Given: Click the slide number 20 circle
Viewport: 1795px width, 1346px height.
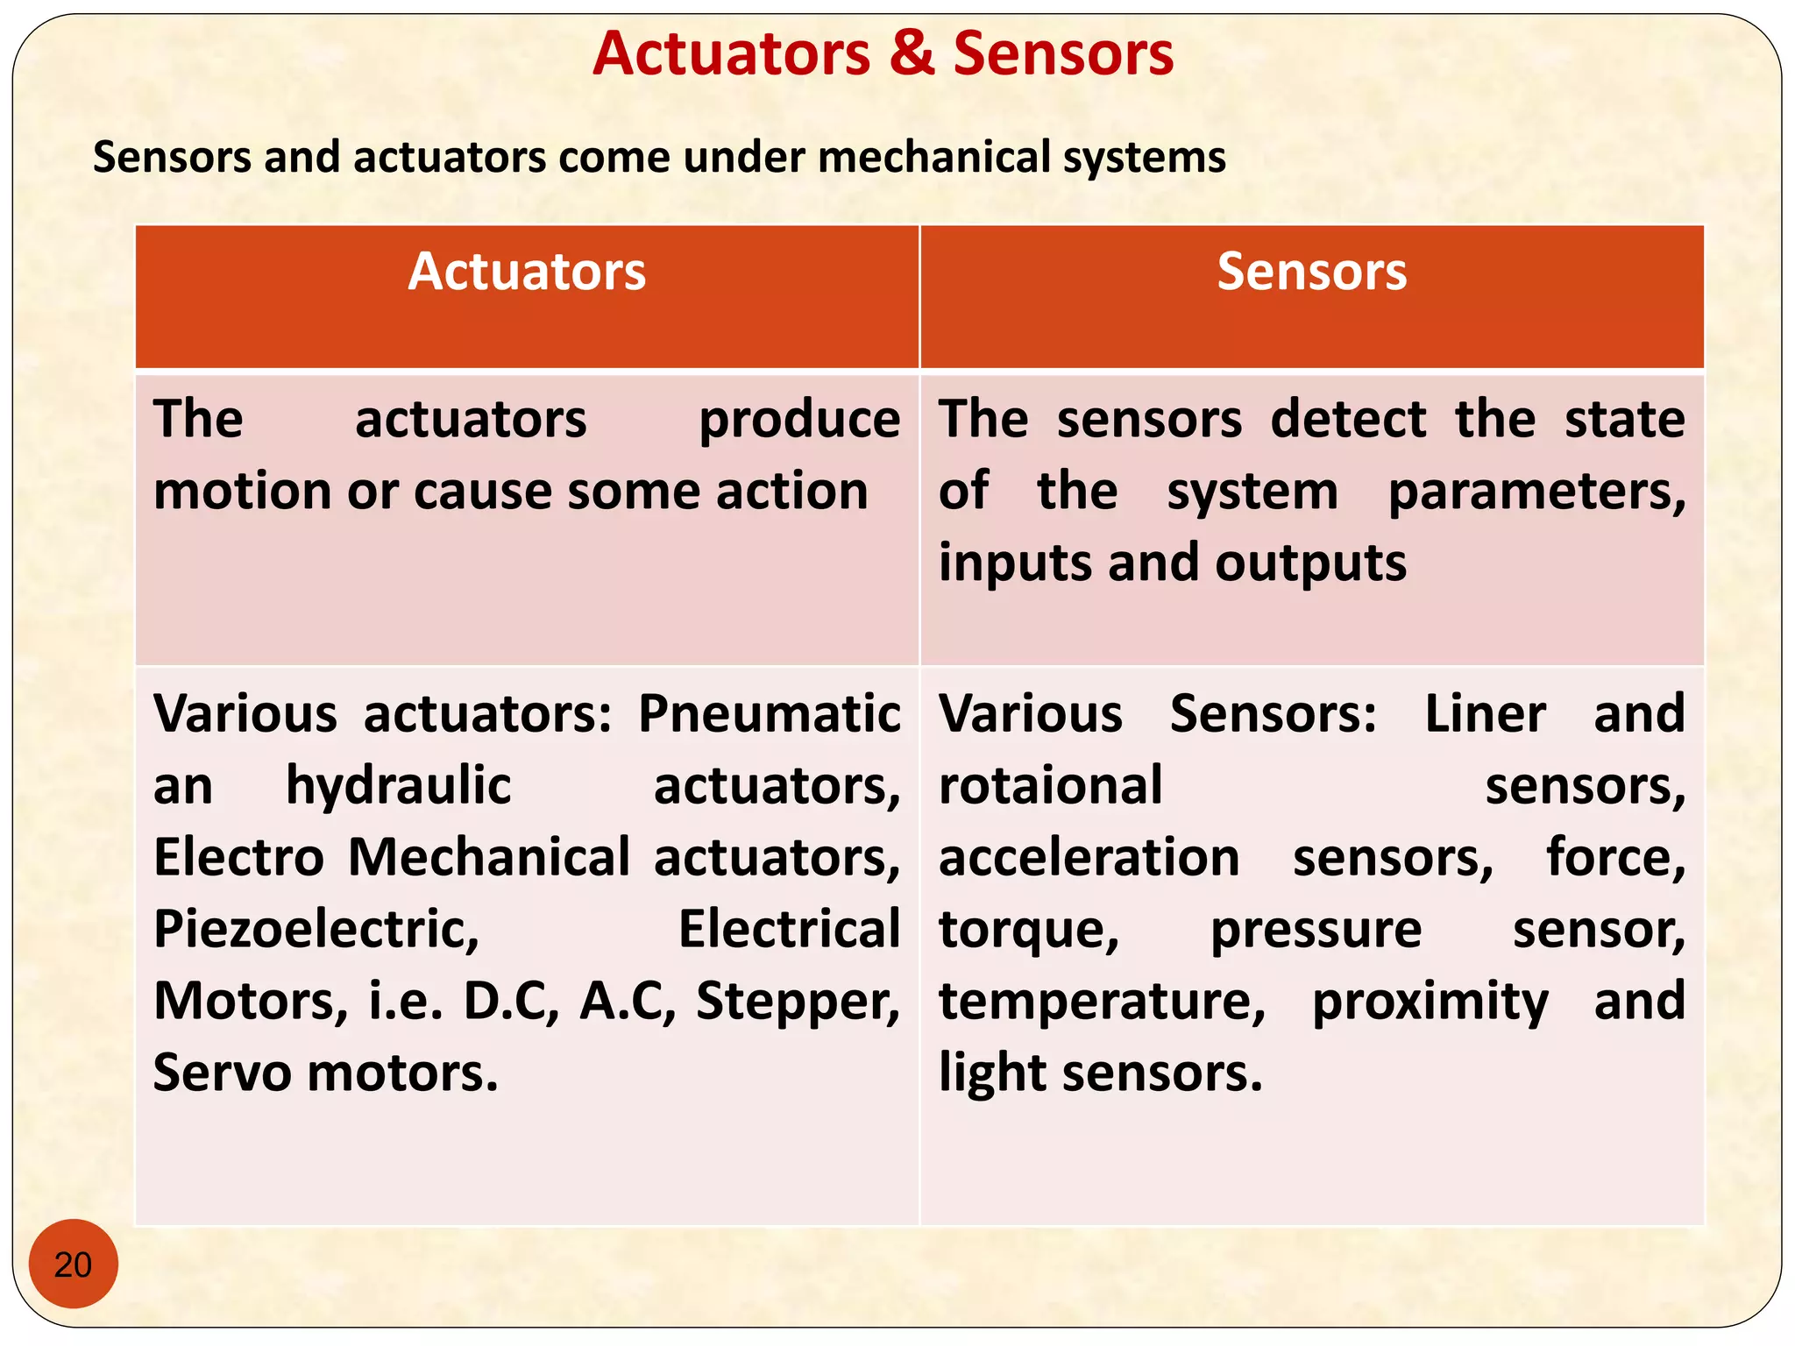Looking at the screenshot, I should pos(73,1264).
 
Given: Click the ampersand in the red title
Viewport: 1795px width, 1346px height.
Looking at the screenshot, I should pos(912,53).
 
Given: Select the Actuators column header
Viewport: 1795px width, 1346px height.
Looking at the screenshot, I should pos(527,272).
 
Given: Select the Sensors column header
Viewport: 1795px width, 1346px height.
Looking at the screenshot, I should pos(1311,272).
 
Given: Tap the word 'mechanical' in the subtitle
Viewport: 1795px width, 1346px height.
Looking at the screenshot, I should pos(934,158).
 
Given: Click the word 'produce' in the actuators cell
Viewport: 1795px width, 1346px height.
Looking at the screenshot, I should pos(798,420).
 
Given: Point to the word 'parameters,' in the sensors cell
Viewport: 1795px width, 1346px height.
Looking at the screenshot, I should pos(1536,492).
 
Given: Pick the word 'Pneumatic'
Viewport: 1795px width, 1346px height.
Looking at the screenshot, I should pos(769,713).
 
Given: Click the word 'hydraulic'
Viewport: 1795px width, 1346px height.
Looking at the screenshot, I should pos(398,785).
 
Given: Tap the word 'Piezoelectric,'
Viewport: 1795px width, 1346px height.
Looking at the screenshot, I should pos(316,929).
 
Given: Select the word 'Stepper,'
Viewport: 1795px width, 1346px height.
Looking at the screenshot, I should pos(798,1001).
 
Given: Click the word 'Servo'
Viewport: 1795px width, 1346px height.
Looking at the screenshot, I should pos(223,1072).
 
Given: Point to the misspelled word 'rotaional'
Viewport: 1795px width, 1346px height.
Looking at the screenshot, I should pos(1050,785).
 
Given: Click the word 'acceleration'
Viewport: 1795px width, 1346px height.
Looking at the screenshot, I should pos(1089,857).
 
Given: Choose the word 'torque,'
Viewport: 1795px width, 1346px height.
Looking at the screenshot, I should pos(1029,929).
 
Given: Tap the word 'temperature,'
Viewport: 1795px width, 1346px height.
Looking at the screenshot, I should pos(1102,1001).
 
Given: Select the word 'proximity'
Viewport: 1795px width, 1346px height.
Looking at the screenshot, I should pos(1430,1001).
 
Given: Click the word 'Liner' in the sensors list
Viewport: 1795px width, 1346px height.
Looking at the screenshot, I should pos(1485,713).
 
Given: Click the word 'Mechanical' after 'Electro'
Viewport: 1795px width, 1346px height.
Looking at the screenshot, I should pos(489,857).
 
